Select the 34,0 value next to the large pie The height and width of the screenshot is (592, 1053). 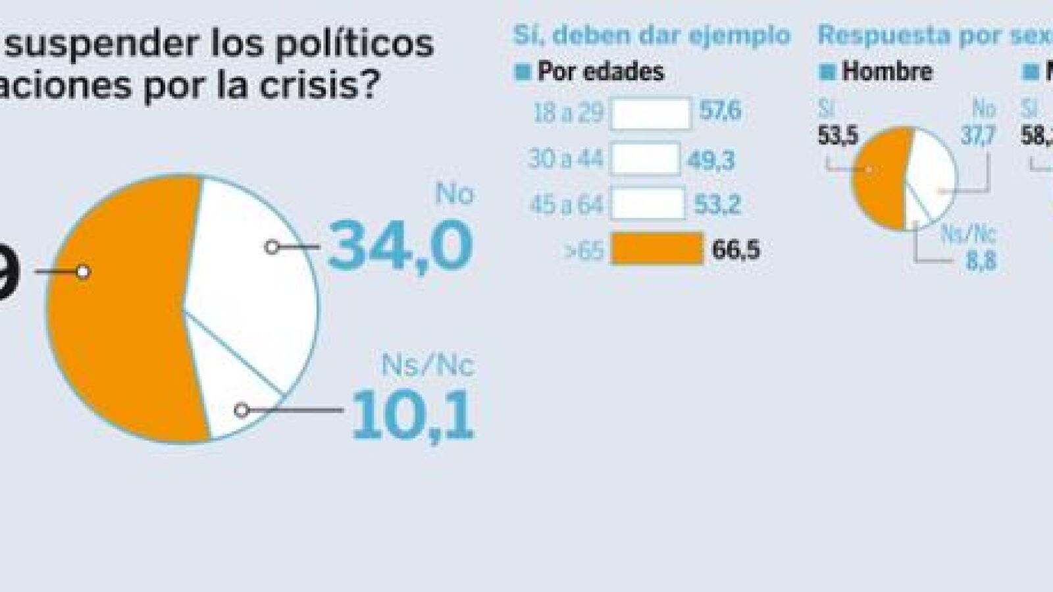click(400, 246)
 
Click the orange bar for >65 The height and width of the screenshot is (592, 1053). click(656, 249)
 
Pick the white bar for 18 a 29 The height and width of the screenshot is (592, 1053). click(651, 113)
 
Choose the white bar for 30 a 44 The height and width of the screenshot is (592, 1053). click(645, 159)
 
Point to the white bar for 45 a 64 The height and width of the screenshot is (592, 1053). click(648, 204)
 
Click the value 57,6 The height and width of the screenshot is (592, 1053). click(721, 111)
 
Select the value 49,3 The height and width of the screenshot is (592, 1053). click(711, 160)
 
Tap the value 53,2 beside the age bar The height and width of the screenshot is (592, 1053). click(717, 205)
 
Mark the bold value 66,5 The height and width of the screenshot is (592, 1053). click(736, 250)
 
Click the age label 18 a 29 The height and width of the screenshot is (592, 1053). click(568, 113)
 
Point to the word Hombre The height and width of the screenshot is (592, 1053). click(887, 72)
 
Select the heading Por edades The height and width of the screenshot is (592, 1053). click(601, 72)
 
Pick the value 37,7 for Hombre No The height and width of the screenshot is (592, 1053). click(977, 136)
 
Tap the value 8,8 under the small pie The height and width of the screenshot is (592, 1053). click(981, 261)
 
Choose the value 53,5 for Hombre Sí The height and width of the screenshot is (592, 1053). click(838, 136)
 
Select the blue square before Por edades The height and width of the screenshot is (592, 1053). click(523, 72)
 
